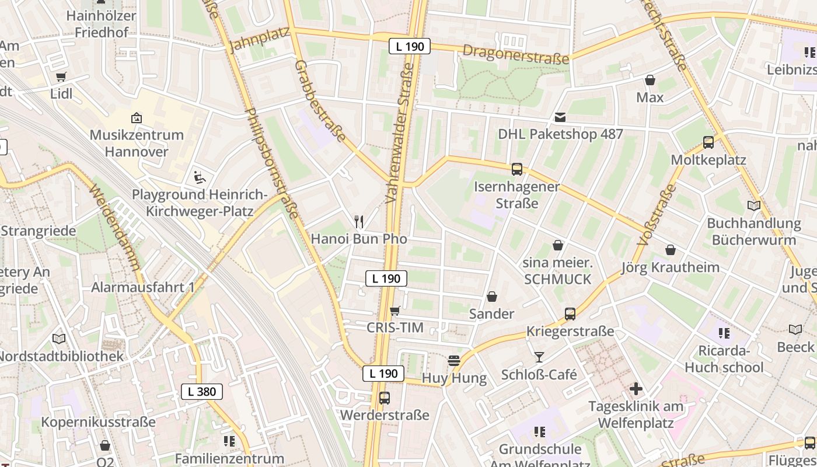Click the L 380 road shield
pos(202,392)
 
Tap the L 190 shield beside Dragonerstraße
pos(410,46)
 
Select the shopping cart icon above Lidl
pos(61,76)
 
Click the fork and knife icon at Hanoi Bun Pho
pos(359,222)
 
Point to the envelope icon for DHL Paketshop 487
pos(560,117)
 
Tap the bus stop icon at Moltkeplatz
pos(708,142)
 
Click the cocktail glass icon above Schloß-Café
pos(539,357)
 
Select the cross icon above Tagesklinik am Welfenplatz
pos(636,388)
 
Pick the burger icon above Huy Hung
pos(454,361)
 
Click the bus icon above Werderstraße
pos(385,398)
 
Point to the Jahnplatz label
pos(260,40)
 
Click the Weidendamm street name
pos(115,227)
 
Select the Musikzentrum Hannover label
pos(137,143)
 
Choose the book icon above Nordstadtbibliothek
pos(59,339)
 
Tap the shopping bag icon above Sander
pos(492,297)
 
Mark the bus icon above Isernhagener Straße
pos(517,169)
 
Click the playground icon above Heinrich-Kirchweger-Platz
pos(199,176)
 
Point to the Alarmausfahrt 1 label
pos(143,287)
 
